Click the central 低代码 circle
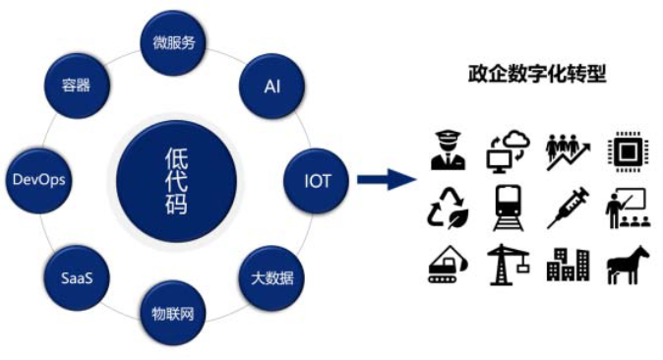click(x=176, y=182)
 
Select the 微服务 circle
click(x=173, y=42)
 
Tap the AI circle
click(x=271, y=87)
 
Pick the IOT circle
click(x=317, y=181)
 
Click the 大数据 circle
click(x=271, y=278)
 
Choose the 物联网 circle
click(x=173, y=314)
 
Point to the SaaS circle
click(x=77, y=278)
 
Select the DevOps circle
click(x=39, y=180)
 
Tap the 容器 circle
click(x=77, y=86)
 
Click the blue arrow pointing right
click(x=387, y=179)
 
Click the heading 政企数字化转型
click(x=537, y=74)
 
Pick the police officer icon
click(x=449, y=150)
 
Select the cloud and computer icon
click(x=508, y=151)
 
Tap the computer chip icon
click(x=627, y=151)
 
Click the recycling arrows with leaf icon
click(x=449, y=209)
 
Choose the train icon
click(x=508, y=209)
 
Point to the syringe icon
click(x=568, y=208)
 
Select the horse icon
click(x=628, y=265)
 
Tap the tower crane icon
click(x=508, y=265)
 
